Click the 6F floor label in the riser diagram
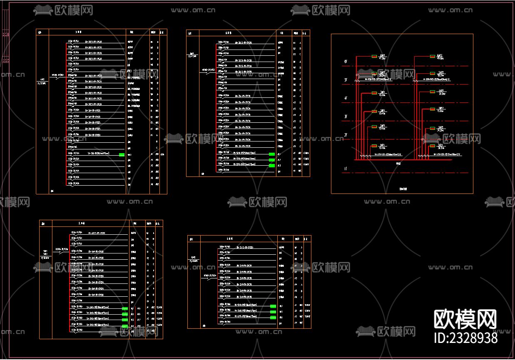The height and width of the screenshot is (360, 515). coord(346,62)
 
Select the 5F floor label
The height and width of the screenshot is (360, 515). coord(346,80)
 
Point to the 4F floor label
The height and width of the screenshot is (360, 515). coord(346,99)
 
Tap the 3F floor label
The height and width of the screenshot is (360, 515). coord(346,117)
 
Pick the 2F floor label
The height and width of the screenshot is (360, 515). coord(346,136)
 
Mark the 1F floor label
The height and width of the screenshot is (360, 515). coord(346,169)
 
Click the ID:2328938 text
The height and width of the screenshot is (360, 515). coord(465,337)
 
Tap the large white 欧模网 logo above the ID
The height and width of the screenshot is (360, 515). coord(465,320)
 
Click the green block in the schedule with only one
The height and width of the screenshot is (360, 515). coord(122,155)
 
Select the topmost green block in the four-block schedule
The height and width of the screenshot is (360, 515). coord(124,309)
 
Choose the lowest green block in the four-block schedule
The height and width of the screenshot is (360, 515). coord(124,325)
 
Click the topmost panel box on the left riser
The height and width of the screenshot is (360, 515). coord(374,56)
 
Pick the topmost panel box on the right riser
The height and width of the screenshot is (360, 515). coord(433,56)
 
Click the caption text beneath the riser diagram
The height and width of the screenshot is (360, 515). coord(402,189)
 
